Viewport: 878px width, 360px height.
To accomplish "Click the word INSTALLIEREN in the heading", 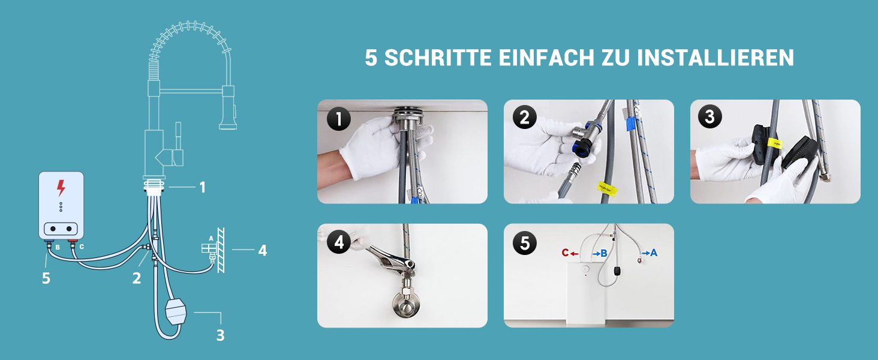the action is (x=715, y=58).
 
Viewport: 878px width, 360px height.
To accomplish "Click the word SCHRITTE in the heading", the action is (x=438, y=58).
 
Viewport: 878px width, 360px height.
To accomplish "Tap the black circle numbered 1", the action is (x=339, y=119).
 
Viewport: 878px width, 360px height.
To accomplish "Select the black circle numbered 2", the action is (x=525, y=117).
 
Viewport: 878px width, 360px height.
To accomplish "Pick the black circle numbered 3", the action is (x=710, y=116).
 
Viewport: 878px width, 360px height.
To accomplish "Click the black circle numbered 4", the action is (x=339, y=242).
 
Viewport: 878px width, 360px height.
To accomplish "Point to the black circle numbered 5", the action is (x=525, y=243).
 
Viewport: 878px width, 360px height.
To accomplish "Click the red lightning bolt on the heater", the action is (x=61, y=188).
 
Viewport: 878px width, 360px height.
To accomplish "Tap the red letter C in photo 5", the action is (x=565, y=253).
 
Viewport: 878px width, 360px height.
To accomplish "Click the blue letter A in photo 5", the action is (x=654, y=253).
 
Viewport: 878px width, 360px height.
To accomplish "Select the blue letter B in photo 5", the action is (x=604, y=253).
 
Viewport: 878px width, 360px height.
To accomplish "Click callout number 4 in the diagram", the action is (x=263, y=250).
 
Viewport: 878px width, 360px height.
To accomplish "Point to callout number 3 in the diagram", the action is (x=220, y=335).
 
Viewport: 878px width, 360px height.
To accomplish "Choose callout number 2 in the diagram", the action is (x=136, y=278).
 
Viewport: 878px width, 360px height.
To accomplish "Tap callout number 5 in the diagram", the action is (x=46, y=278).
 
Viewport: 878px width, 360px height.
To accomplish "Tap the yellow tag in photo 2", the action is (x=607, y=188).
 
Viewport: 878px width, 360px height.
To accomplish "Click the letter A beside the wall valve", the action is (x=211, y=238).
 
